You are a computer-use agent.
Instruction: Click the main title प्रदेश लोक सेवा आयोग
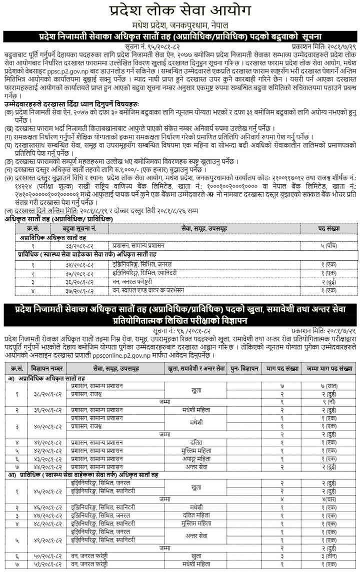pyautogui.click(x=180, y=11)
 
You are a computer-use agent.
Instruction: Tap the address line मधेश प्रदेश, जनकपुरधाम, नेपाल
pyautogui.click(x=180, y=25)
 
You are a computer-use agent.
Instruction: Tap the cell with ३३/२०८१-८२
pyautogui.click(x=80, y=246)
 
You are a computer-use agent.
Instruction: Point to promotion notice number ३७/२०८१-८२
pyautogui.click(x=80, y=290)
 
